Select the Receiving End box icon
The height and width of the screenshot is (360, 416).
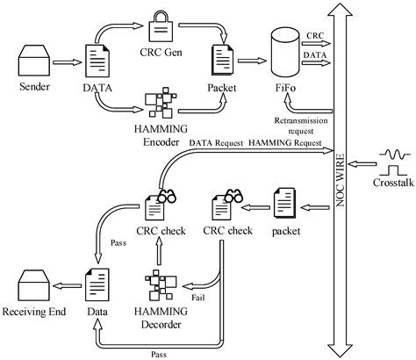pyautogui.click(x=34, y=285)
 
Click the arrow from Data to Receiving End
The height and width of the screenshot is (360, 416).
pyautogui.click(x=66, y=285)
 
